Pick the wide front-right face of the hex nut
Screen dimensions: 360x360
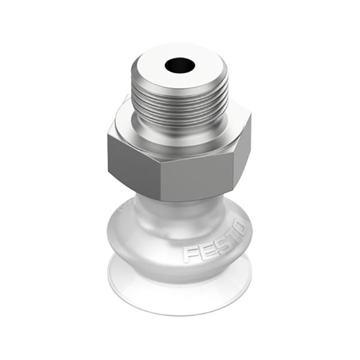[198, 179]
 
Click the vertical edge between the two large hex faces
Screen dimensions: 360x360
[161, 182]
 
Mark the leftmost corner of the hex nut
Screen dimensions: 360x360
[107, 135]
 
